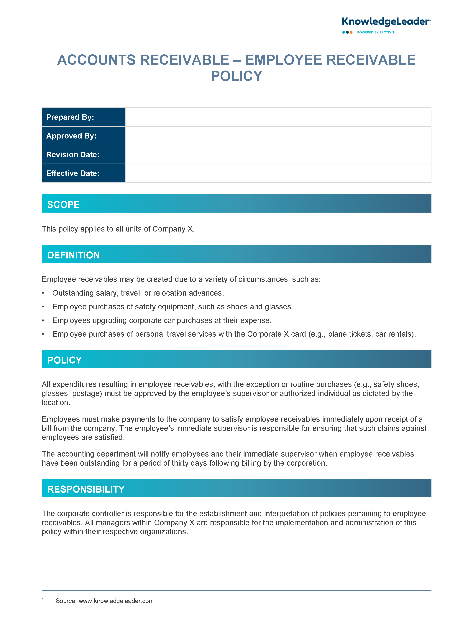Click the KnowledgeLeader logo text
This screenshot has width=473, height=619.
pyautogui.click(x=385, y=22)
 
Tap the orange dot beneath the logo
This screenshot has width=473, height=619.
pyautogui.click(x=351, y=32)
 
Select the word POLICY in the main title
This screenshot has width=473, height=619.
pyautogui.click(x=236, y=76)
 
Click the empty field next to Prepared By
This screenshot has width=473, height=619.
pyautogui.click(x=278, y=117)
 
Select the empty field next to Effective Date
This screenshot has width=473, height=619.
pyautogui.click(x=278, y=173)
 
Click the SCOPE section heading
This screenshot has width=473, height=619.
pyautogui.click(x=63, y=205)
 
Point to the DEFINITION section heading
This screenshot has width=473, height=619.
pyautogui.click(x=73, y=255)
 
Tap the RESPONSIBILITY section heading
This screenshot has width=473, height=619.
pyautogui.click(x=86, y=489)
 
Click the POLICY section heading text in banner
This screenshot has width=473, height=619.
pyautogui.click(x=65, y=360)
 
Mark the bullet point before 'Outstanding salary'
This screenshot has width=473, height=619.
pyautogui.click(x=43, y=293)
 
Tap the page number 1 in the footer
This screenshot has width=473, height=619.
pyautogui.click(x=44, y=600)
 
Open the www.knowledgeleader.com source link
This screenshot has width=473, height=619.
pyautogui.click(x=116, y=601)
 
